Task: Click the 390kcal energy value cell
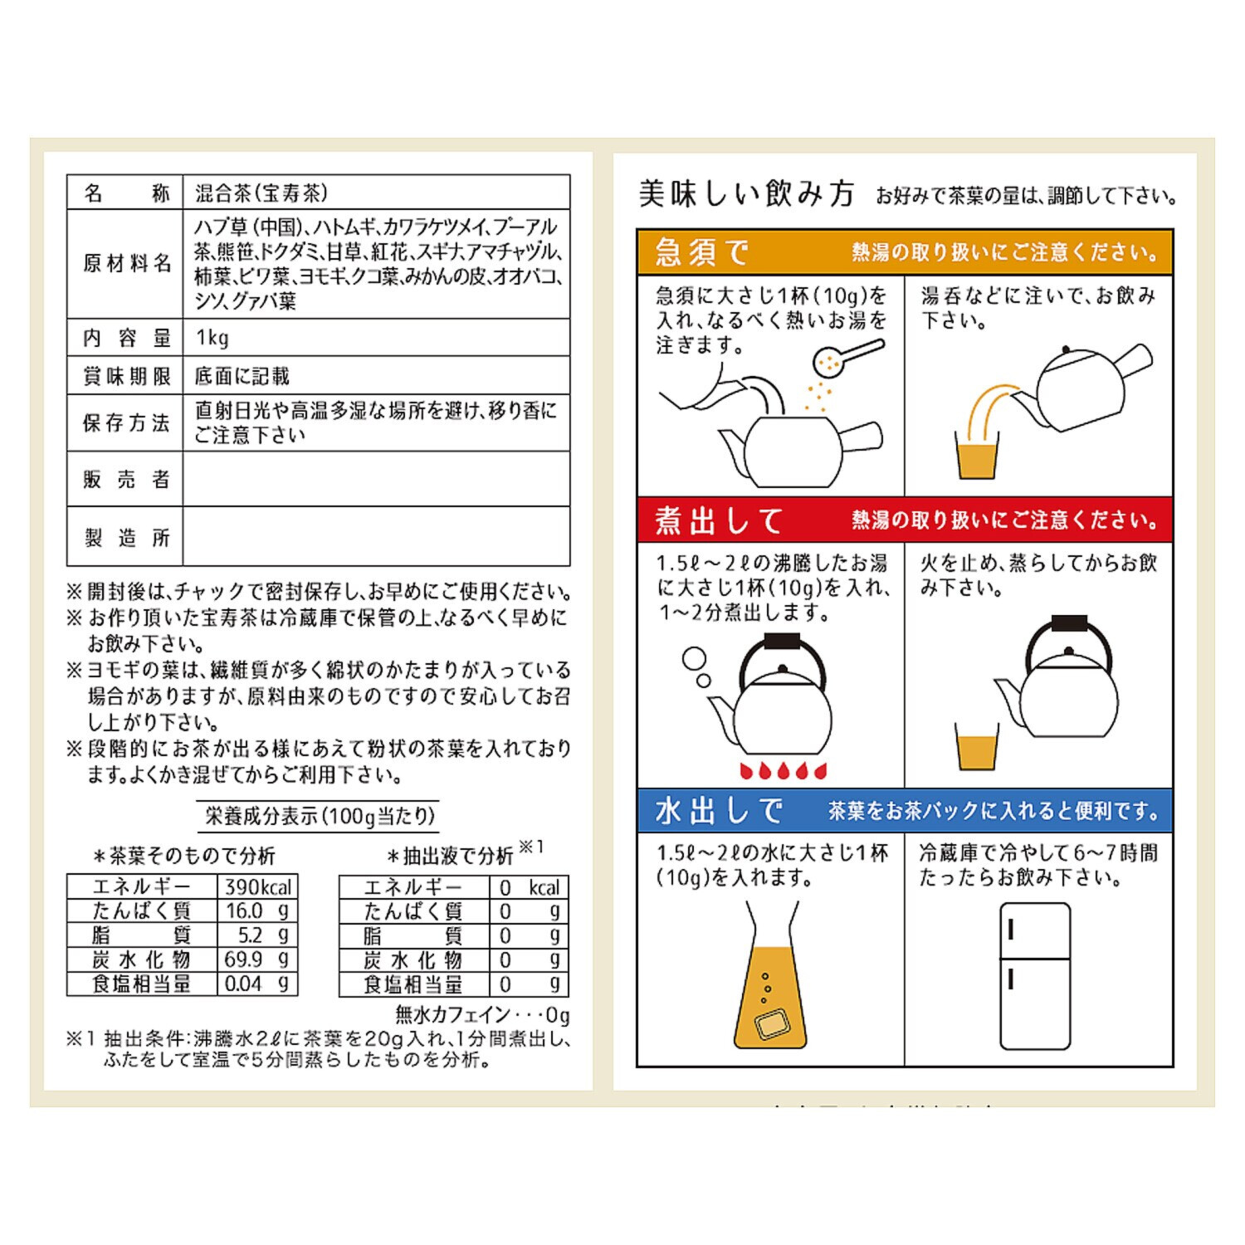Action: tap(257, 886)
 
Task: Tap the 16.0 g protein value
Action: tap(257, 911)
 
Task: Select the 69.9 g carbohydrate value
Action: tap(257, 959)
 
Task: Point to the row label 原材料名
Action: tap(126, 264)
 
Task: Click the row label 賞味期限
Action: tap(126, 376)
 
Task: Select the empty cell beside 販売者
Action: tap(376, 479)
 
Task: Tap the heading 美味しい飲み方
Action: tap(746, 194)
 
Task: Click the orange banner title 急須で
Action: tap(701, 252)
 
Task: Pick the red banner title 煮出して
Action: tap(719, 520)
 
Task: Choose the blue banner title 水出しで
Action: tap(719, 811)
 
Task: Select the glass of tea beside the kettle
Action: tap(977, 747)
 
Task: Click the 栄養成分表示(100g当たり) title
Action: tap(320, 816)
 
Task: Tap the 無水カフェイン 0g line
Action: tap(482, 1014)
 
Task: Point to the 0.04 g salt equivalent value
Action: tap(257, 984)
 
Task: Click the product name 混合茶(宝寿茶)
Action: tap(261, 193)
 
